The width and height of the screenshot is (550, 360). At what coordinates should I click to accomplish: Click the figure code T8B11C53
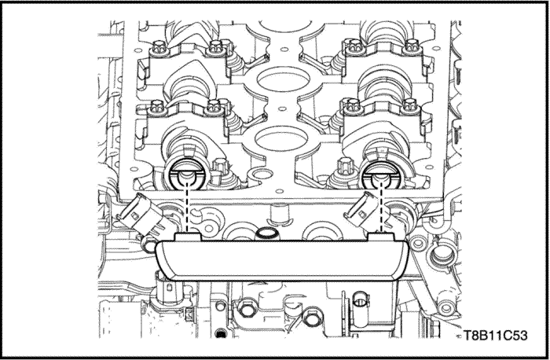(495, 336)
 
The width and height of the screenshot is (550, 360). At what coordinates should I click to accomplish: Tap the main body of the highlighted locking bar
(281, 259)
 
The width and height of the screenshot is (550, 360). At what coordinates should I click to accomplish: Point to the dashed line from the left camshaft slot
(187, 207)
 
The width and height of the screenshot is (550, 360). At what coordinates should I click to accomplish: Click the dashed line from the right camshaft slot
(381, 207)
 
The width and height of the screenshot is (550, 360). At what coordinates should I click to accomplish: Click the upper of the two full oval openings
(284, 79)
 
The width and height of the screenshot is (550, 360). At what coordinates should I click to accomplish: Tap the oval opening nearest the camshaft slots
(281, 139)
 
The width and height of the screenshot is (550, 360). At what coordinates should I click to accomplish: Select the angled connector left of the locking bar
(140, 215)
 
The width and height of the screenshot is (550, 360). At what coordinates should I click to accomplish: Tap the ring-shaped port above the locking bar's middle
(266, 233)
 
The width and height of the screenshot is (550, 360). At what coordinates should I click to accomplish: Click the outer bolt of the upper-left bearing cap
(159, 47)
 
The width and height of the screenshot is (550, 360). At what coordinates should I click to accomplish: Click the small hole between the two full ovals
(280, 105)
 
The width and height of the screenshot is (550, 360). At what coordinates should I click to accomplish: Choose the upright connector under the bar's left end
(168, 287)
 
